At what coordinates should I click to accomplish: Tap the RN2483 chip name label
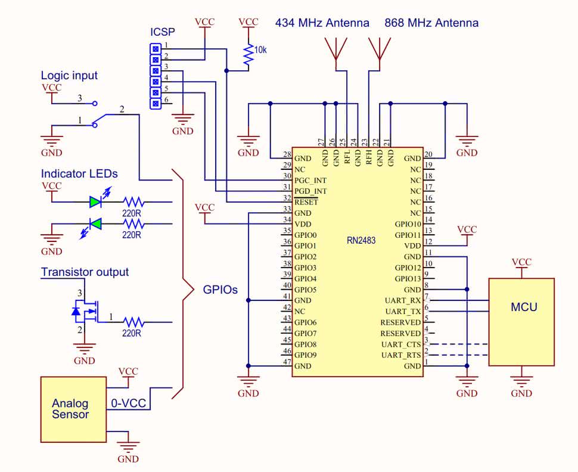tap(361, 241)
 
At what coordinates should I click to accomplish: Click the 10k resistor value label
tap(260, 51)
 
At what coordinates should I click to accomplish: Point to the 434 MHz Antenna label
tap(322, 23)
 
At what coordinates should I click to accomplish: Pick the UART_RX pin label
tap(403, 300)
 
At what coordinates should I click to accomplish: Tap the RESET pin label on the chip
tap(306, 202)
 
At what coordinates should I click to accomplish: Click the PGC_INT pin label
tap(310, 180)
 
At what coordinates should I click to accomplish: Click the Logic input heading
tap(69, 76)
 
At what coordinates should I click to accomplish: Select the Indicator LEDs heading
tap(79, 174)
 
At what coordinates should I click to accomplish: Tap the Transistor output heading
tap(85, 272)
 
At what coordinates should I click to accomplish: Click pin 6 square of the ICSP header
tap(156, 104)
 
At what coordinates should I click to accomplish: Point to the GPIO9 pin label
tap(306, 356)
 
